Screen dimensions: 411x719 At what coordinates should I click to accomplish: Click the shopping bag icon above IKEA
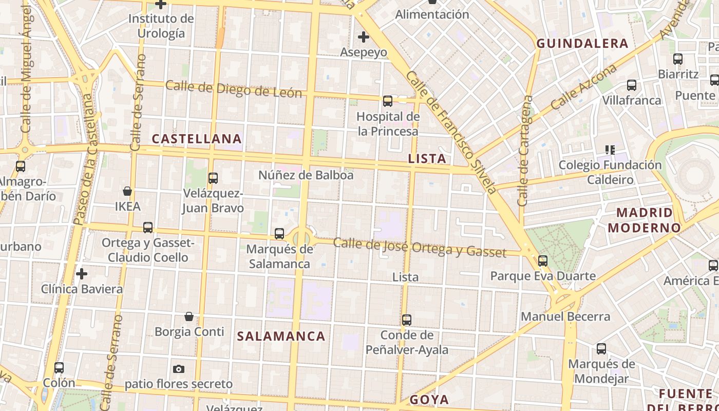pyautogui.click(x=127, y=192)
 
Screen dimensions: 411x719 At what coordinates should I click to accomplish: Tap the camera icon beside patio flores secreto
pyautogui.click(x=179, y=369)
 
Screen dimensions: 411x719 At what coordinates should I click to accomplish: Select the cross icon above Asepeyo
pyautogui.click(x=364, y=37)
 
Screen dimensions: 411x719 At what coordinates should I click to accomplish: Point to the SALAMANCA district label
pyautogui.click(x=281, y=337)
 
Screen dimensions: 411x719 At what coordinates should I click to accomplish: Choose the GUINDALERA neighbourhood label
pyautogui.click(x=582, y=44)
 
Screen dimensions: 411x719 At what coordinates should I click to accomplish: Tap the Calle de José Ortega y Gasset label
pyautogui.click(x=420, y=247)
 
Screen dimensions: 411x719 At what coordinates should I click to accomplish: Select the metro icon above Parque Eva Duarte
pyautogui.click(x=543, y=261)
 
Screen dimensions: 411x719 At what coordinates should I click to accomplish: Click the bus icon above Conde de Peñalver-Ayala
pyautogui.click(x=407, y=320)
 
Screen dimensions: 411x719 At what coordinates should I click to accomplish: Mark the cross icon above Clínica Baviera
pyautogui.click(x=81, y=274)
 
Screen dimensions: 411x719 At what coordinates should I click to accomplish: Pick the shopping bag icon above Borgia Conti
pyautogui.click(x=189, y=316)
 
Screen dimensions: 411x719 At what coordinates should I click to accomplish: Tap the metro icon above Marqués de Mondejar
pyautogui.click(x=601, y=349)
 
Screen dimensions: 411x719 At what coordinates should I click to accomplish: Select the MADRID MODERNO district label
pyautogui.click(x=645, y=220)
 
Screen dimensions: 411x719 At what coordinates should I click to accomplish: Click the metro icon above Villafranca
pyautogui.click(x=632, y=85)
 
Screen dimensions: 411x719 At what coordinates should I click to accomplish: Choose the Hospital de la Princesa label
pyautogui.click(x=388, y=124)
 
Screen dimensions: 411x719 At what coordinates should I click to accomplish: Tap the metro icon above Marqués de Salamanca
pyautogui.click(x=279, y=234)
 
